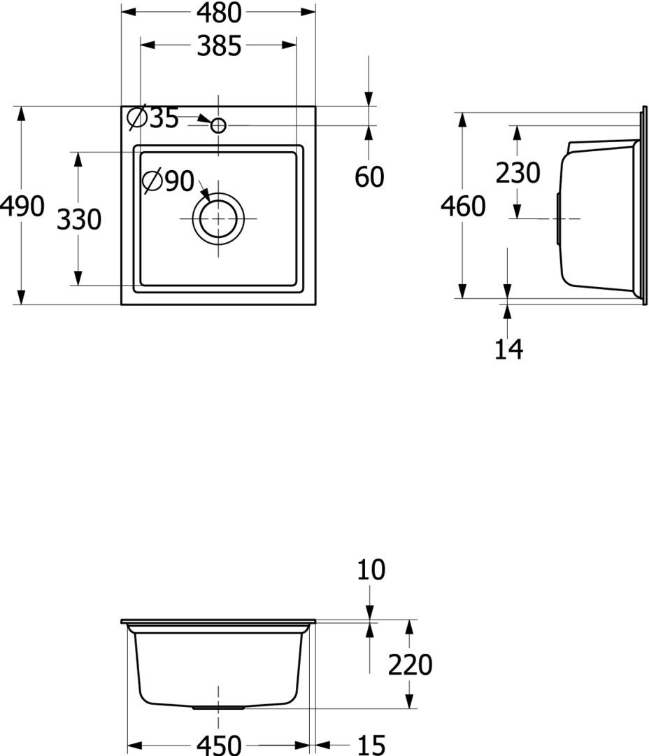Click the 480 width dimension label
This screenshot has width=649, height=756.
coord(218,13)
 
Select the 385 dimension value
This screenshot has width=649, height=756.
coord(219,45)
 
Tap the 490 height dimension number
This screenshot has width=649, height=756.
coord(22,206)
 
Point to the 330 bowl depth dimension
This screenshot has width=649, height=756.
coord(79,219)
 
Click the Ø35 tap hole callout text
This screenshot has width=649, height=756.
coord(152,118)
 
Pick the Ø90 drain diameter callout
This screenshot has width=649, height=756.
coord(168,181)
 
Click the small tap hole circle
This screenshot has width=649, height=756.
coord(218,125)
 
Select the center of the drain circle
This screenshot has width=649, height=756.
coord(218,219)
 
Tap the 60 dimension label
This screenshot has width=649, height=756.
coord(369,177)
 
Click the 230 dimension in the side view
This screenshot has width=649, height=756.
coord(518,173)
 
